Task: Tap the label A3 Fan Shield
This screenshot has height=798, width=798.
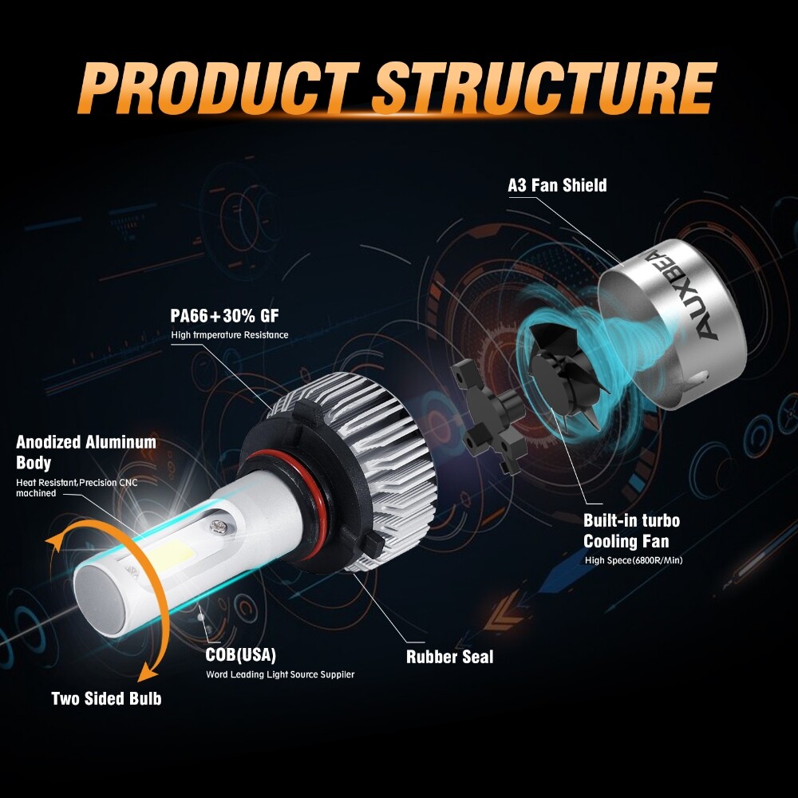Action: click(x=557, y=185)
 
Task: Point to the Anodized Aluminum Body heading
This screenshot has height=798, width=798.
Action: click(x=85, y=452)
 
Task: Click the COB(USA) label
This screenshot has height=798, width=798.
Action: click(x=240, y=655)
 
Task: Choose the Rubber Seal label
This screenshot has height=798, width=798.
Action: click(x=449, y=657)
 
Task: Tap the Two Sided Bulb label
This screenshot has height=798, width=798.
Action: click(x=106, y=698)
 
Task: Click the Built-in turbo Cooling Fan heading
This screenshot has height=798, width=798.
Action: click(x=631, y=531)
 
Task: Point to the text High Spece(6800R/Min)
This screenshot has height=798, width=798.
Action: click(x=634, y=560)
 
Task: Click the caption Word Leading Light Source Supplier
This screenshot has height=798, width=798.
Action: click(x=280, y=674)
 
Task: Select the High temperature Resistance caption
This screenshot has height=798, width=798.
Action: click(x=230, y=334)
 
